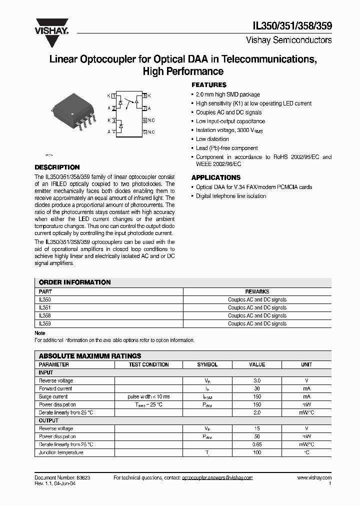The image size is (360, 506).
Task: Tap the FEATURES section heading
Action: (x=209, y=85)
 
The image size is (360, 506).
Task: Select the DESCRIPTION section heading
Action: (x=57, y=167)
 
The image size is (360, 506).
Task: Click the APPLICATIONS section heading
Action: (x=216, y=177)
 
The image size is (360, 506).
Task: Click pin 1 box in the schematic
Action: (x=113, y=95)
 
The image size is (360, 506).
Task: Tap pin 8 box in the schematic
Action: (x=144, y=95)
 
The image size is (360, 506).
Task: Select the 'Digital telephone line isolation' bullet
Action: (x=231, y=196)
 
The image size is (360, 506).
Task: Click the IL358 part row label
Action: (x=45, y=316)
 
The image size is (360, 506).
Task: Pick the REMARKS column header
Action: (x=257, y=291)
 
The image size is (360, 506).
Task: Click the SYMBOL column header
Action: (x=207, y=364)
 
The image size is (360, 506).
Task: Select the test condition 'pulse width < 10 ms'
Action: (x=149, y=396)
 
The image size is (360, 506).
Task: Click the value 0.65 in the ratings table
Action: (x=257, y=444)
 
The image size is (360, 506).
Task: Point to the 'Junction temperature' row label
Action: (x=61, y=452)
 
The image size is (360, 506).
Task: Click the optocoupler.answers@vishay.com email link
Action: (x=217, y=478)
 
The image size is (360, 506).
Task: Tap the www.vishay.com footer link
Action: (x=314, y=478)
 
